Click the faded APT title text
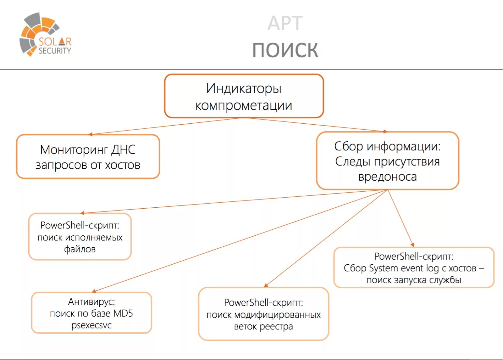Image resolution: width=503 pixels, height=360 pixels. tap(285, 23)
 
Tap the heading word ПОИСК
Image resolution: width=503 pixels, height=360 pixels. tap(285, 50)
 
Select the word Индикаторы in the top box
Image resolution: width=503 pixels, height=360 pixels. tap(244, 88)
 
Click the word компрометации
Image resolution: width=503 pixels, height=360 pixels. tap(244, 105)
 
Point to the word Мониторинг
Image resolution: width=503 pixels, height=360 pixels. tap(74, 150)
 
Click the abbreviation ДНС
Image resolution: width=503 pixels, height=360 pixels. tap(124, 150)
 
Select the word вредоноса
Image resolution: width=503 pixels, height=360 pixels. tap(387, 177)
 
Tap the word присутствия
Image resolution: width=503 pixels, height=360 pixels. tap(407, 161)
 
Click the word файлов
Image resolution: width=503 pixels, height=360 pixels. tap(80, 249)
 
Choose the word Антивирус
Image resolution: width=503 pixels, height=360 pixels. tap(91, 301)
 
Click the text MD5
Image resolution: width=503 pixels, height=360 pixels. tap(123, 313)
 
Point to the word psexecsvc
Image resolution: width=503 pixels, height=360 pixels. tap(91, 325)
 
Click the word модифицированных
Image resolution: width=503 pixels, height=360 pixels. tap(277, 315)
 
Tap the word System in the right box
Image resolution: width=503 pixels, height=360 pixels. tap(384, 268)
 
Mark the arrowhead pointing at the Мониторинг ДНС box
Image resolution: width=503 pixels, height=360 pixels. tap(90, 134)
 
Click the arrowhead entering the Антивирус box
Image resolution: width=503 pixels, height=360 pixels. tap(94, 291)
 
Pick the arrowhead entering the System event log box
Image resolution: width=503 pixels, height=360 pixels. tap(412, 245)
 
